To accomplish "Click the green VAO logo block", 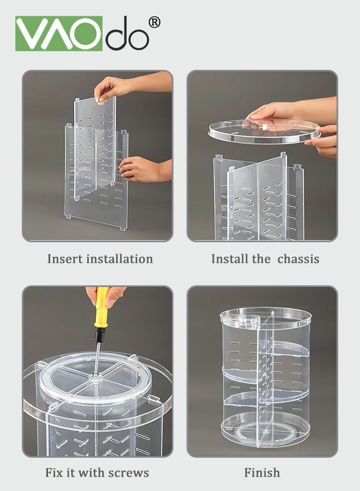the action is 59,33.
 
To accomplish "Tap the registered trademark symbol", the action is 154,22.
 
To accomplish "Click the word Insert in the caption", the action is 65,259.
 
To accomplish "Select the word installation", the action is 119,259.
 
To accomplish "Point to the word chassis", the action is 298,259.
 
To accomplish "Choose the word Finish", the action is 262,472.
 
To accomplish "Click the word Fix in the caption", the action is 54,472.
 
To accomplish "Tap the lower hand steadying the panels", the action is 145,169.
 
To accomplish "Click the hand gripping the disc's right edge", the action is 322,141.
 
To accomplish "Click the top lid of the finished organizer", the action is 266,317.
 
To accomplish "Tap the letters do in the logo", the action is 127,33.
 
